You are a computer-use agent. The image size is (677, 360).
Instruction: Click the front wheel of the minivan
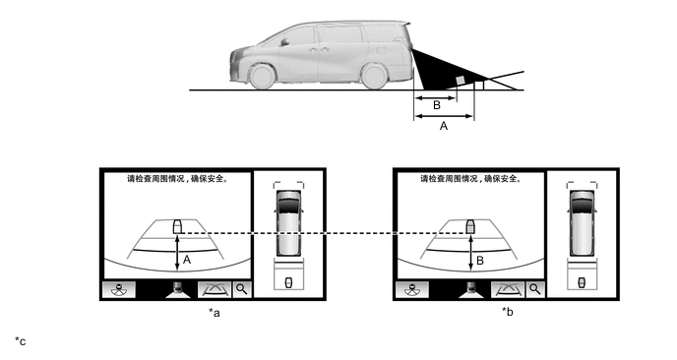262,77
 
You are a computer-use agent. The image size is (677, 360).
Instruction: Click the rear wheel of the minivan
374,76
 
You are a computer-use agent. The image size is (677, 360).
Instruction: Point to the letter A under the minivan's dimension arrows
444,126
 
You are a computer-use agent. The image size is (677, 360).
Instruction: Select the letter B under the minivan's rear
437,105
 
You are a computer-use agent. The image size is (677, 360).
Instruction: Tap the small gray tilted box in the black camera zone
462,80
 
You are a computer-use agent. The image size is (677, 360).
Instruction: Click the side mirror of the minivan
284,42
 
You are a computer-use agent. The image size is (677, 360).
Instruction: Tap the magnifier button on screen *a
242,289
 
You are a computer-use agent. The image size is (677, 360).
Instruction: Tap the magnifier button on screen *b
535,289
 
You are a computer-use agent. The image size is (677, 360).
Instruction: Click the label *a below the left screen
215,312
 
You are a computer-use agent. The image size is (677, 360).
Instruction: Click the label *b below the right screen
508,311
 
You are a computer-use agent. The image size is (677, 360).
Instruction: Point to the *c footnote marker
21,341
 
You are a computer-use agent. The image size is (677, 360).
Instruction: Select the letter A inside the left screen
187,260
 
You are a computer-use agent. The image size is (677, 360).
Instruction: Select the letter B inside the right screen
479,261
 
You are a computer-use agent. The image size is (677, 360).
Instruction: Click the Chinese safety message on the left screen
177,179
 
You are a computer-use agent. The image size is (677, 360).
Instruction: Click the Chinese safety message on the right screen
471,179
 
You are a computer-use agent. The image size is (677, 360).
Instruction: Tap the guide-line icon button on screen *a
215,289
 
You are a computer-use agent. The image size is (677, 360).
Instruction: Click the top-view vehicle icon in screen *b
582,223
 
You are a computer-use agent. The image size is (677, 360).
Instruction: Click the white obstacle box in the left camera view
177,226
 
